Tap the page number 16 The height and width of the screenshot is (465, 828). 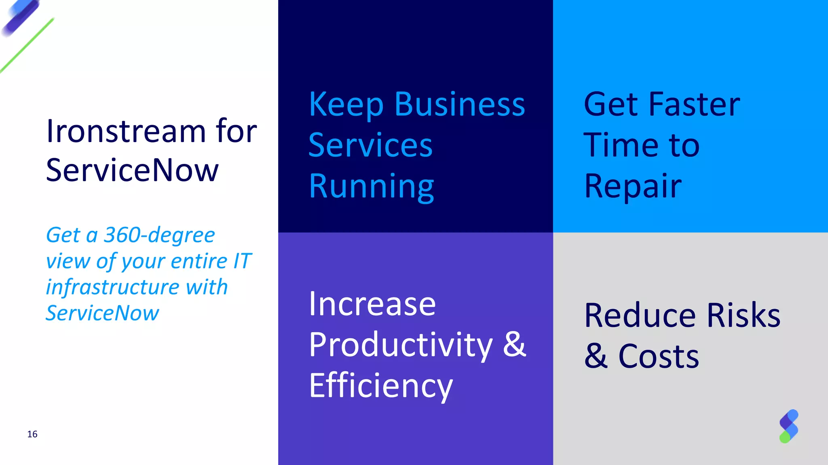[x=32, y=434]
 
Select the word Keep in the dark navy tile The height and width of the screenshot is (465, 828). [x=346, y=105]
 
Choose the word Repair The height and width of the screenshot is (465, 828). [x=633, y=186]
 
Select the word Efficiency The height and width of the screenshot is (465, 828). [x=381, y=386]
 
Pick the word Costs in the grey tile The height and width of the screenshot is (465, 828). [x=659, y=356]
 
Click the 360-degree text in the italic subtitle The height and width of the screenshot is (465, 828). [x=159, y=235]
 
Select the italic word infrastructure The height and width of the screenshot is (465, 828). [x=112, y=287]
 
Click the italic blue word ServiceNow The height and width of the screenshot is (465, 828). [x=102, y=313]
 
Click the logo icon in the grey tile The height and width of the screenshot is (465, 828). [x=789, y=426]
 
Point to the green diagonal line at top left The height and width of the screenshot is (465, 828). [x=27, y=45]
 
